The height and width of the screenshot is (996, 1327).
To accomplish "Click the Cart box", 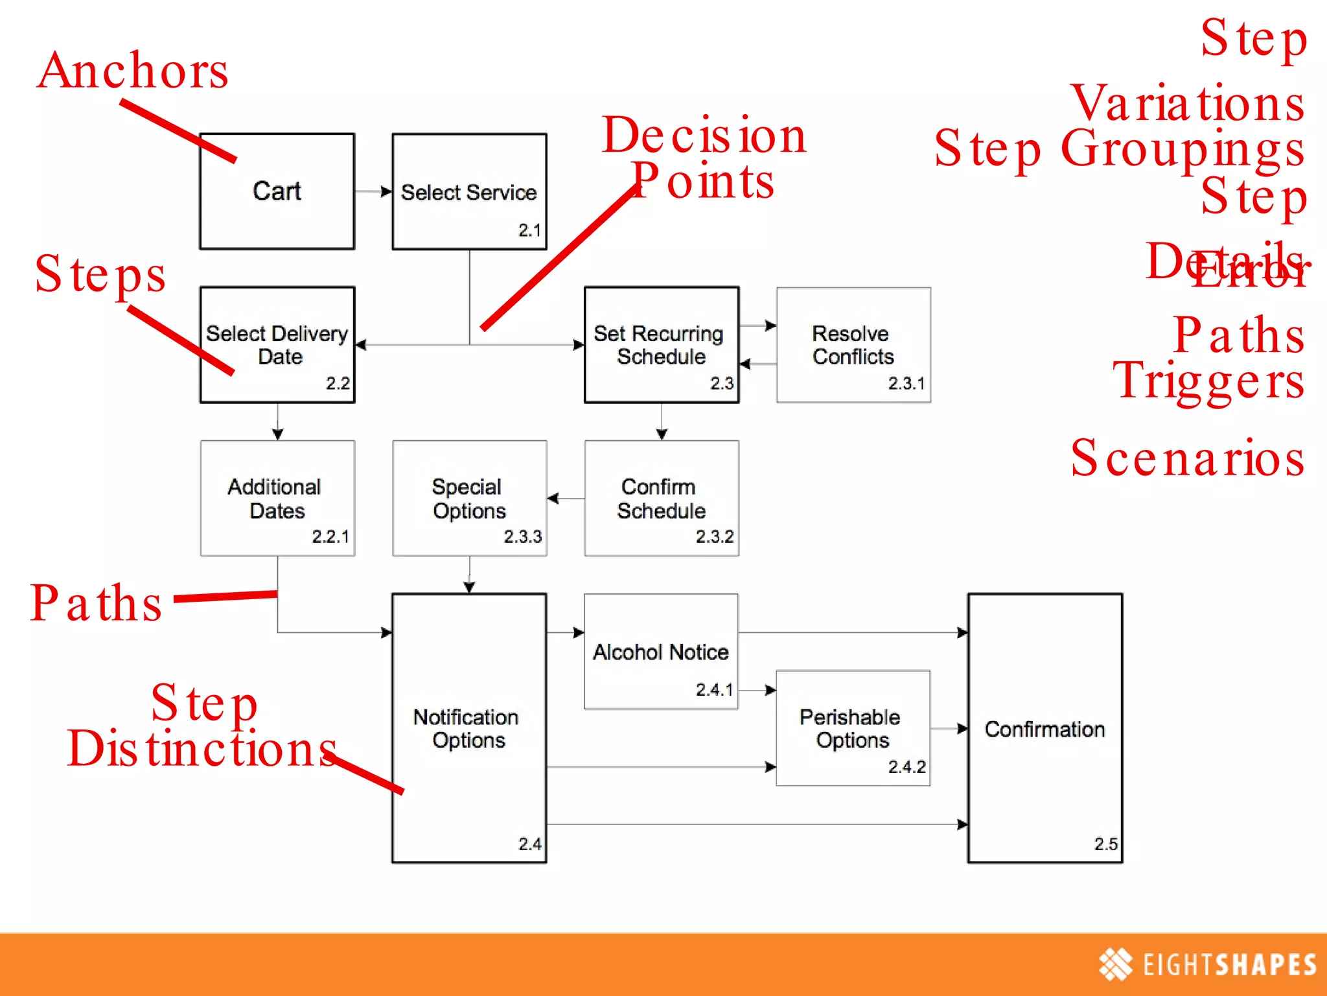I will click(277, 191).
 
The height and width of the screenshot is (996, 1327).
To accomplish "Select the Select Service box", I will click(469, 192).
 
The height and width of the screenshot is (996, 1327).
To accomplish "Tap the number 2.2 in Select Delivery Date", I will click(338, 384).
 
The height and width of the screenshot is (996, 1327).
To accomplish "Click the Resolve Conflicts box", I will click(853, 345).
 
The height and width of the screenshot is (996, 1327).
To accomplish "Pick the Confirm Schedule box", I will click(662, 498).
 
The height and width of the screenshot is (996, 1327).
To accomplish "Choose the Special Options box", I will click(469, 498).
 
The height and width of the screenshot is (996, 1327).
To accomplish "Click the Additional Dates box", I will click(277, 498).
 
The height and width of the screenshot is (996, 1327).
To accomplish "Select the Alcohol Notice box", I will click(660, 652).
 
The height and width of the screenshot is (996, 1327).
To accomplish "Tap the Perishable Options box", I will click(852, 728).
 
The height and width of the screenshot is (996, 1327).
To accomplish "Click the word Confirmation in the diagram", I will click(1044, 729).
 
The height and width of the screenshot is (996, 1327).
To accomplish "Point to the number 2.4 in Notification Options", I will click(529, 844).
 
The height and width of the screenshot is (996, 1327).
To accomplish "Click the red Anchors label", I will click(133, 71).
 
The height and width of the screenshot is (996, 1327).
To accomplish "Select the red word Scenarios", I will click(1187, 458).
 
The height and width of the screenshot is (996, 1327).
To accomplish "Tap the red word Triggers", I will click(1208, 381).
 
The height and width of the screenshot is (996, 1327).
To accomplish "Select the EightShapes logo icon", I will click(1115, 964).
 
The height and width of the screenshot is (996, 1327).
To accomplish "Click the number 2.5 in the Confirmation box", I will click(1105, 844).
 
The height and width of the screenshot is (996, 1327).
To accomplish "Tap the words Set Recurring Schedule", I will click(659, 345).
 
